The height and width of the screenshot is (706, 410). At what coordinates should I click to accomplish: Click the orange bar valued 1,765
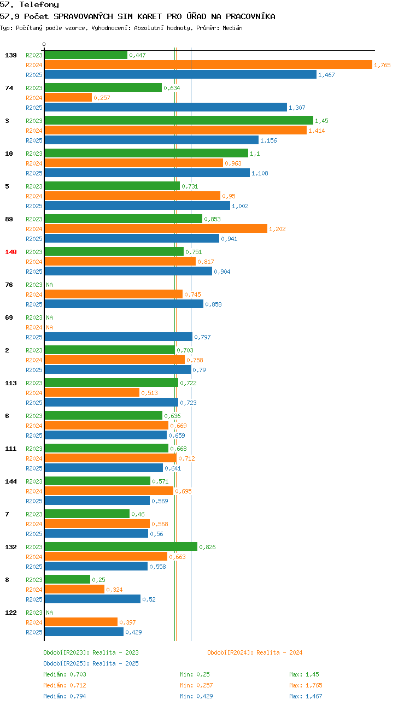coord(208,64)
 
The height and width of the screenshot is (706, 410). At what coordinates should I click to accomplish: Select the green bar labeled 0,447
coord(86,55)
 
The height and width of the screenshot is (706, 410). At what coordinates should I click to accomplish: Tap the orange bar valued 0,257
coord(68,97)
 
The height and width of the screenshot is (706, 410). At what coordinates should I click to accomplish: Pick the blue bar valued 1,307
coord(166,107)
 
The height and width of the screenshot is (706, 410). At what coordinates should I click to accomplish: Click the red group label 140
coord(11,252)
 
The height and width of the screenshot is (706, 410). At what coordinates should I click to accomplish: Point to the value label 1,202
coord(277,229)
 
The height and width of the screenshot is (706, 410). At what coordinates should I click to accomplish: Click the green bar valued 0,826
coord(121,546)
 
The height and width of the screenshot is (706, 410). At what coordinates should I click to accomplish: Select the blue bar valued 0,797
coord(119,337)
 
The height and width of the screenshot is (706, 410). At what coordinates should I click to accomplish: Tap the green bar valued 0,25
coord(67,579)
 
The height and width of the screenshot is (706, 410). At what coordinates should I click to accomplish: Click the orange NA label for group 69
coord(50,327)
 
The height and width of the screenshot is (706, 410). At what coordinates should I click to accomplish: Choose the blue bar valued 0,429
coord(84,632)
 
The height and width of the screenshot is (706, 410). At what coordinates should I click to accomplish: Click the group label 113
coord(11,383)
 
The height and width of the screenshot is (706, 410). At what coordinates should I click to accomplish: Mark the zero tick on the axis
coord(44,44)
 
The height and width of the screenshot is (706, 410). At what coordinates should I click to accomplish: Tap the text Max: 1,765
coord(306,685)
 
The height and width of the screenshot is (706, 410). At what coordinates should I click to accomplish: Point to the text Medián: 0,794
coord(65,696)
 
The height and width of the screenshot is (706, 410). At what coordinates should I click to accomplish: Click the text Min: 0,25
coord(195,674)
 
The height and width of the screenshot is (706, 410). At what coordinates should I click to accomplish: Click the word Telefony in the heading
coord(39,4)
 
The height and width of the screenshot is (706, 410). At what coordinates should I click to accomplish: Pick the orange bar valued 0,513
coord(92,392)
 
